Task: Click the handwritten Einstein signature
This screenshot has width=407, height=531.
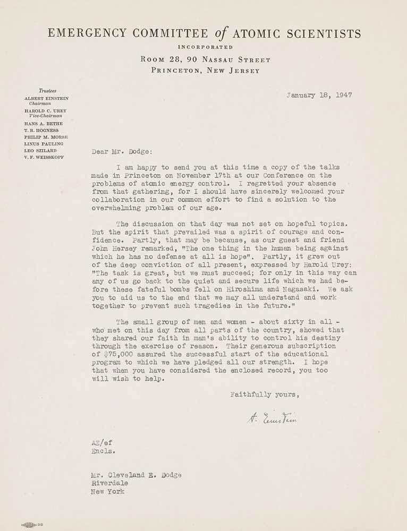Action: point(271,419)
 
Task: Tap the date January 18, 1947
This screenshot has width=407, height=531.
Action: point(319,96)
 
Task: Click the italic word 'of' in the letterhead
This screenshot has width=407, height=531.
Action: point(223,35)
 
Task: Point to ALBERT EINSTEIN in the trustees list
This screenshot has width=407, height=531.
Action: point(46,98)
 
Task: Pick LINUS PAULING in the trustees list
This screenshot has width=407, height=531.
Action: point(44,144)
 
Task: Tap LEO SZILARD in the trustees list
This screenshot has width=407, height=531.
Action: point(43,151)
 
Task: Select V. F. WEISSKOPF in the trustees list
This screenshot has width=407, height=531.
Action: point(47,158)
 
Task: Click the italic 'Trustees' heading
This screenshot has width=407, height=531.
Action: point(47,91)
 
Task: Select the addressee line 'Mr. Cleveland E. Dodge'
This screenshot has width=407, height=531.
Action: point(137,475)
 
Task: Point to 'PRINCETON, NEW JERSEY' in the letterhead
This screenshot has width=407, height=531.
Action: point(205,70)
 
